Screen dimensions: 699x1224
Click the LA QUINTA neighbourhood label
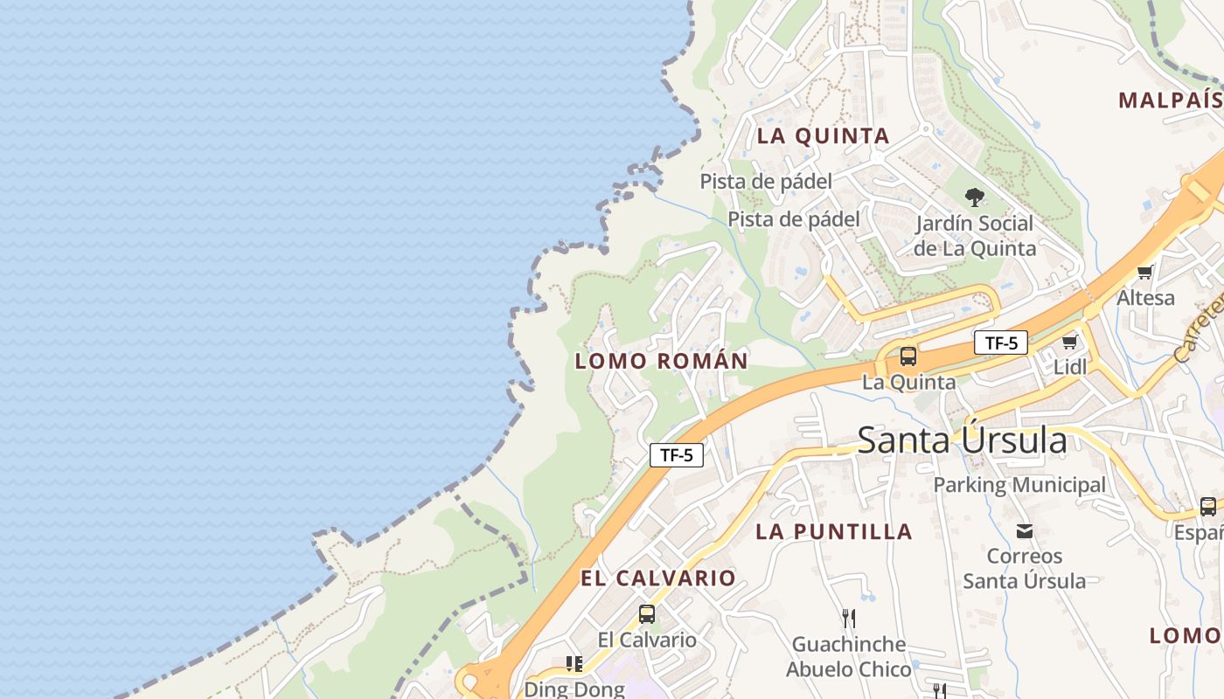pos(823,136)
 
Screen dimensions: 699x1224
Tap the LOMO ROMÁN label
pos(661,361)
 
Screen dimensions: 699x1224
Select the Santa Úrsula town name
pos(962,440)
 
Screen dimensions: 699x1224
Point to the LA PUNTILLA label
pos(833,531)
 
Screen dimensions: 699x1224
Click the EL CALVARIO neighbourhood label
pos(657,578)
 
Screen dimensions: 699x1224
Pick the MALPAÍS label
pos(1169,100)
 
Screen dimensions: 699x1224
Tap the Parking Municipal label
pos(1019,485)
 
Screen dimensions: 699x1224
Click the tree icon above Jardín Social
pos(974,197)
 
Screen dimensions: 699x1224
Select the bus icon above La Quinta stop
pos(908,356)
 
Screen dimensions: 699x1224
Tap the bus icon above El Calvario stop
pos(647,614)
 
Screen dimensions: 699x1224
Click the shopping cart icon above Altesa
pos(1145,273)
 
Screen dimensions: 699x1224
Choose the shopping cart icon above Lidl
pos(1069,342)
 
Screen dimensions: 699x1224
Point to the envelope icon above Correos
pos(1025,530)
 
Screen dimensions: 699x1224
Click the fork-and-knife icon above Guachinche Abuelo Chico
pos(848,619)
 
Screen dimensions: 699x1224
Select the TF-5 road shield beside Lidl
pos(1001,343)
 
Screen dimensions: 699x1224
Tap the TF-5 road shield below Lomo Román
pos(677,455)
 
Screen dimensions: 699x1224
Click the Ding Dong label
pos(574,689)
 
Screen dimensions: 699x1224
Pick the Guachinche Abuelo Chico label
pos(848,657)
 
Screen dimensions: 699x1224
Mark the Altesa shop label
pos(1145,298)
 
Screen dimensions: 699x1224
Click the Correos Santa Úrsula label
pos(1025,568)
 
